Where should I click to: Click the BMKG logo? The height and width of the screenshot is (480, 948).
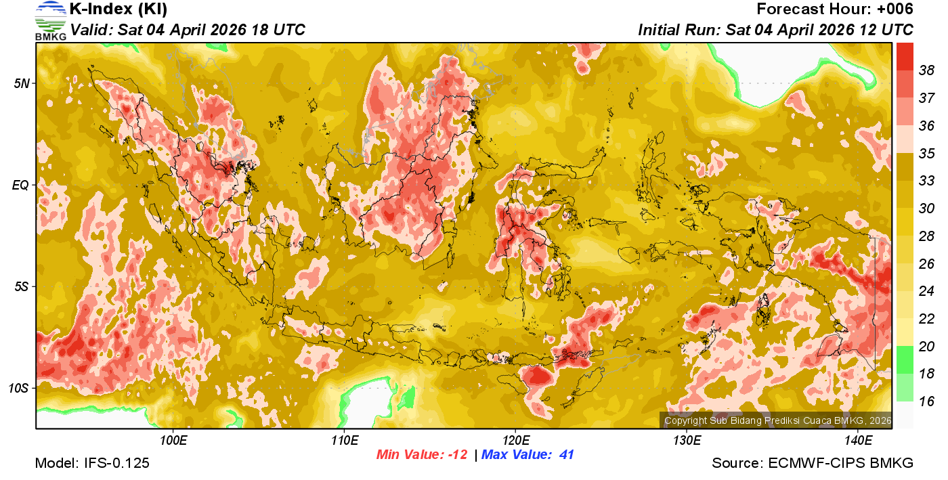click(50, 20)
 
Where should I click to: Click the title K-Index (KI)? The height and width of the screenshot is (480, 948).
click(118, 9)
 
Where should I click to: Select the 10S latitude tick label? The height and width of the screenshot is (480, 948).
click(18, 389)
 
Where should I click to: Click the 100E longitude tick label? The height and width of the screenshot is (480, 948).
click(173, 441)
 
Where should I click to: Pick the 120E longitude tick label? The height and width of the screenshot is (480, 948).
click(515, 441)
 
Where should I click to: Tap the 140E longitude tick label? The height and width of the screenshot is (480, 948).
click(858, 441)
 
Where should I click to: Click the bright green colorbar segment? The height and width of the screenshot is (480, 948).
click(905, 359)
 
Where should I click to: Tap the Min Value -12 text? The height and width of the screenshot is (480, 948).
click(422, 455)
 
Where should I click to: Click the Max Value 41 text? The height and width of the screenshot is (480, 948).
click(527, 455)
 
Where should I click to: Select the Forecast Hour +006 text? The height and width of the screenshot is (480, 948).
click(835, 9)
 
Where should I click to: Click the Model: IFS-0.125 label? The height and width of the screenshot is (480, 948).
click(92, 464)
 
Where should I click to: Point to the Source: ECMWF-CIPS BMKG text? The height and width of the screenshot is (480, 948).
click(813, 464)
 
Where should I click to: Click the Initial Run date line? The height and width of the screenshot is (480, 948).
click(775, 30)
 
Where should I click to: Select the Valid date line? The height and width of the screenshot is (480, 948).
click(188, 30)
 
